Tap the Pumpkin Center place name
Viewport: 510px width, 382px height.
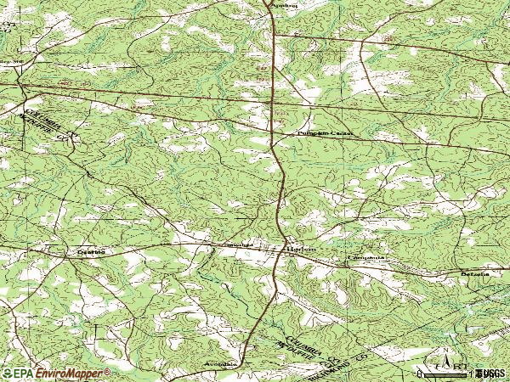(x=324, y=134)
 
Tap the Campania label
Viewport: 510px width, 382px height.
(x=366, y=256)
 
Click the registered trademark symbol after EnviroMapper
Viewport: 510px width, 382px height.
(x=107, y=371)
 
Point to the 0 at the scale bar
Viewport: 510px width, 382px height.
(x=420, y=373)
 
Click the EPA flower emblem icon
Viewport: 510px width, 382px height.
(x=7, y=374)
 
